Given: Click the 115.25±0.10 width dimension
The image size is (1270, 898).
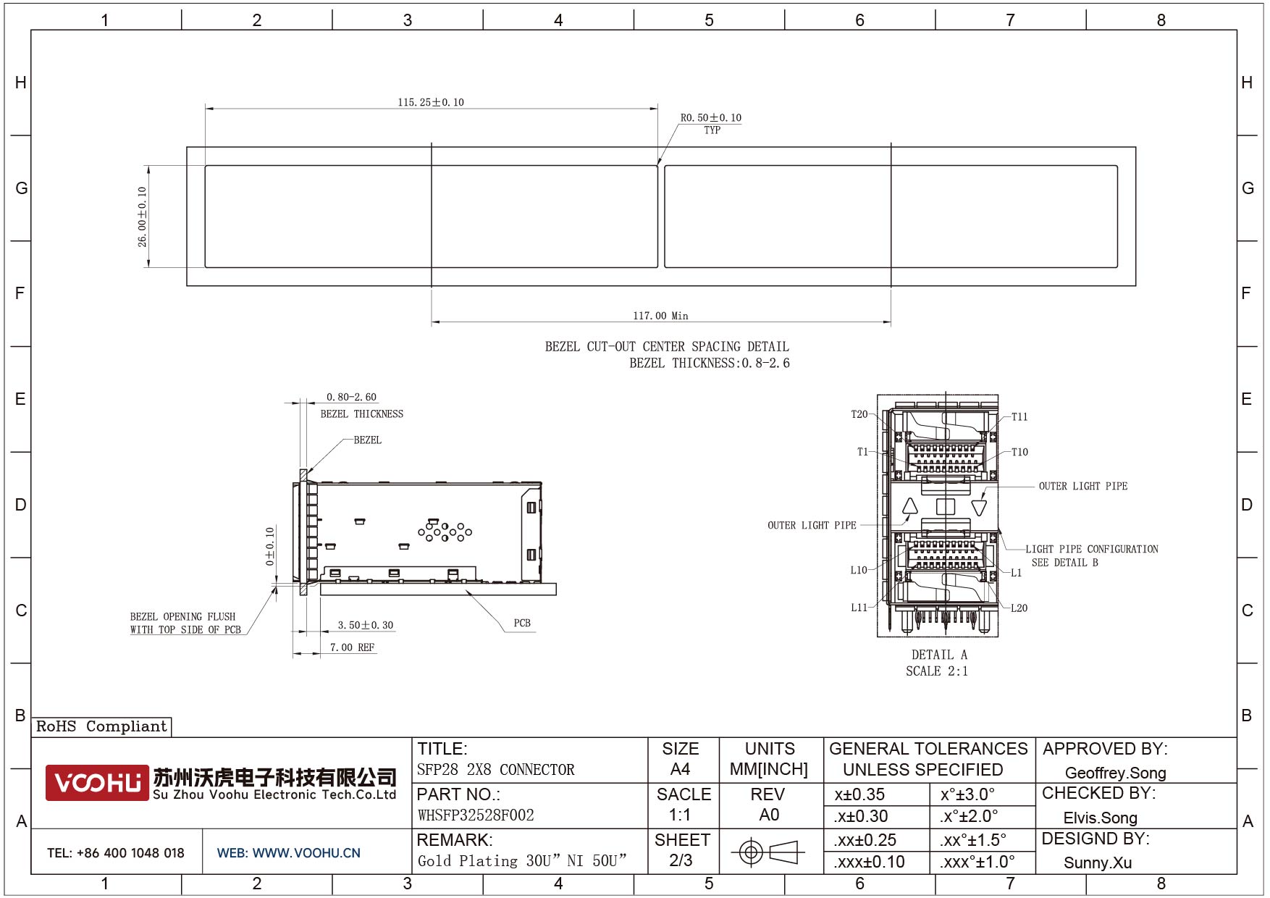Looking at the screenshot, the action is click(x=431, y=102).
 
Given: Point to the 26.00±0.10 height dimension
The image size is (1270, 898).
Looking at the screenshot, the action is click(x=143, y=217).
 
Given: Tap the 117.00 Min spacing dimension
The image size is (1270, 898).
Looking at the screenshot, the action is click(x=660, y=316).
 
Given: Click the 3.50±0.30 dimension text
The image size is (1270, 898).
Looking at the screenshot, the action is click(x=366, y=625).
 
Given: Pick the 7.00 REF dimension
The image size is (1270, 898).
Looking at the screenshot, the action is click(x=353, y=647).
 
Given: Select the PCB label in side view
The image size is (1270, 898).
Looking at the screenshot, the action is click(x=522, y=623).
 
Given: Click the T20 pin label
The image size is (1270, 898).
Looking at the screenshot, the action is click(x=859, y=414).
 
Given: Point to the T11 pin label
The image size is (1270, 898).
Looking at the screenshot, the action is click(x=1019, y=416).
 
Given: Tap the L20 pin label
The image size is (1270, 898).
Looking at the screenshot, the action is click(x=1019, y=608).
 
